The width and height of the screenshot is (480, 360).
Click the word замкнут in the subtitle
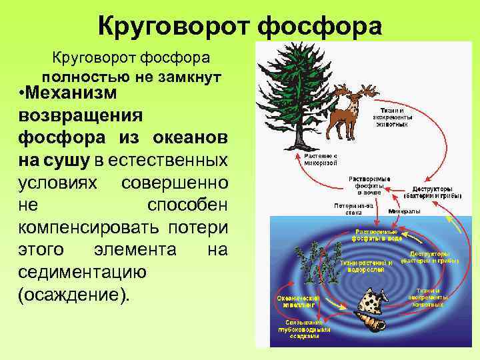pyautogui.click(x=193, y=75)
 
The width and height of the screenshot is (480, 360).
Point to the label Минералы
pyautogui.click(x=404, y=211)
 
